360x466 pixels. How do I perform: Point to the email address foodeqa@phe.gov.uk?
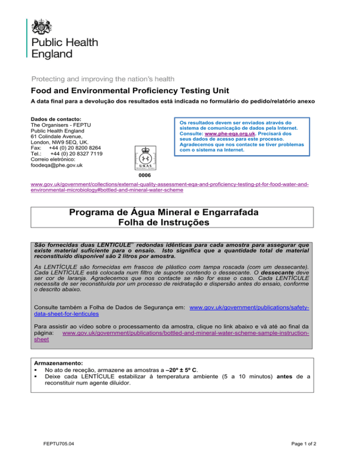point(58,165)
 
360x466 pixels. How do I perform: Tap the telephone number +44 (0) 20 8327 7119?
point(77,153)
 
